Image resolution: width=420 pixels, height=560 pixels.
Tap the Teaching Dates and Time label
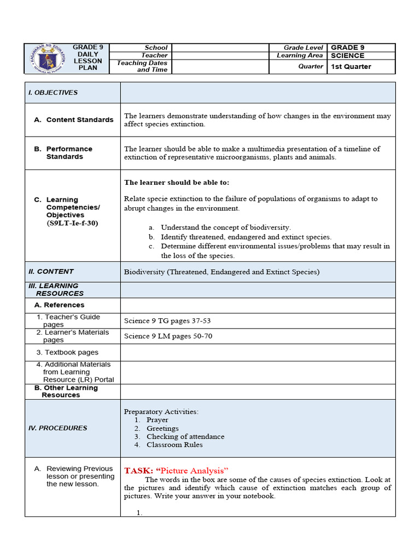142,66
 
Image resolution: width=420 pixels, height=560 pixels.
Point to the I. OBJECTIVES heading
53,92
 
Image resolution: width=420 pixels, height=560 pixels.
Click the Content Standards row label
80,120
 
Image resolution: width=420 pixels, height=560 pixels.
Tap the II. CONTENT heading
51,271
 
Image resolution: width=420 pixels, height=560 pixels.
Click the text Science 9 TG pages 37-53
167,321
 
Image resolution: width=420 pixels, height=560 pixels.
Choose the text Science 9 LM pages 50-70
168,336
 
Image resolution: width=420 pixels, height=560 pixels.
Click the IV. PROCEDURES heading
57,428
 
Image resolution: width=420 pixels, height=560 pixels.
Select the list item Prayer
157,420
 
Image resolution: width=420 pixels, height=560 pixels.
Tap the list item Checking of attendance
185,436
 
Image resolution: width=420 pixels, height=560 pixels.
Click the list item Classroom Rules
174,445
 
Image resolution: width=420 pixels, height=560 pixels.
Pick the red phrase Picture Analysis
192,470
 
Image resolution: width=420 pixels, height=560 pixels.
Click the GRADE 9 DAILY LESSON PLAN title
88,57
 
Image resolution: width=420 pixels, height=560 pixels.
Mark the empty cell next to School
220,48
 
